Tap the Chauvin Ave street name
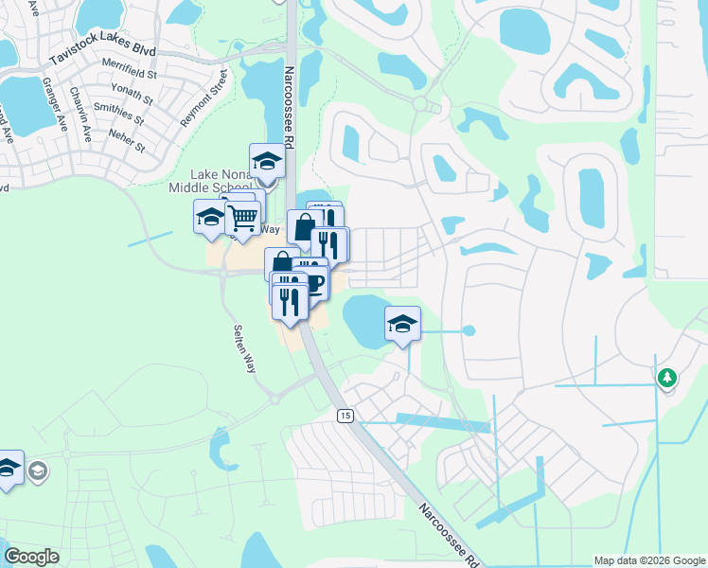80,114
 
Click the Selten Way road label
244,348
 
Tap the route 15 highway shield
345,416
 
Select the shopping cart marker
242,219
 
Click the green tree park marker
667,378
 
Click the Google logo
32,557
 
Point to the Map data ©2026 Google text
647,560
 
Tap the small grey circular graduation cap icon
39,471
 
